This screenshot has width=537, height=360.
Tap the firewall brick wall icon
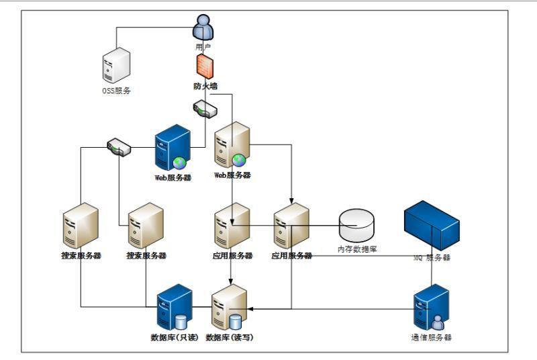click(x=204, y=66)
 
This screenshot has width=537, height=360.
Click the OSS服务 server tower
click(x=116, y=65)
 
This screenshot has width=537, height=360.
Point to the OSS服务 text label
click(x=116, y=91)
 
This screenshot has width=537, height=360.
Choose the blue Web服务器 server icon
click(x=172, y=147)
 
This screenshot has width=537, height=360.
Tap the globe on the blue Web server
click(x=180, y=163)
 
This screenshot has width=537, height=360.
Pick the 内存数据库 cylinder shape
click(x=356, y=226)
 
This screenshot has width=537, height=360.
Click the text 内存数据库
click(x=357, y=249)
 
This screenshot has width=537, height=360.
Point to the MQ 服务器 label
click(x=432, y=257)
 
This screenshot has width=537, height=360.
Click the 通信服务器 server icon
click(x=431, y=308)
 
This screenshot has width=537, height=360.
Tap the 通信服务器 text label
click(x=431, y=337)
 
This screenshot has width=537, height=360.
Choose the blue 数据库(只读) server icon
click(x=174, y=307)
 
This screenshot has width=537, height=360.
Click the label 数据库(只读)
click(x=175, y=337)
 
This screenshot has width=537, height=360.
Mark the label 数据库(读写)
click(x=230, y=337)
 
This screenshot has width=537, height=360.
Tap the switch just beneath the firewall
click(x=204, y=108)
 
